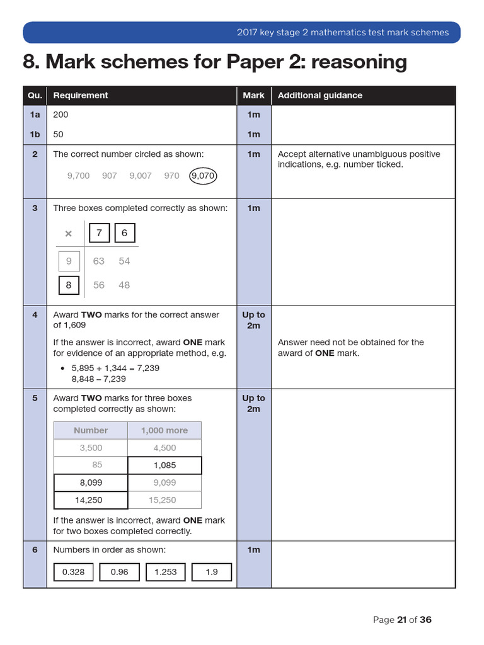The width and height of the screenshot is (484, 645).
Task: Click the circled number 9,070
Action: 203,176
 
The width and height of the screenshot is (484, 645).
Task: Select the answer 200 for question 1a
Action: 61,115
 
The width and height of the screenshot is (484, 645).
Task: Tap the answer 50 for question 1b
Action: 59,134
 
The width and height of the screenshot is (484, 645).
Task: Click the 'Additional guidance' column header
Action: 320,96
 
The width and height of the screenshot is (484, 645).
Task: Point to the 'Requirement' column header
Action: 81,96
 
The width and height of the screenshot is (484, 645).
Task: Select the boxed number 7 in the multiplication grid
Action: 99,233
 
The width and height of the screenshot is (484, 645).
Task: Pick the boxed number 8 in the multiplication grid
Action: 69,285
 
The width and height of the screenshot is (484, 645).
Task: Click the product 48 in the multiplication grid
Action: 124,285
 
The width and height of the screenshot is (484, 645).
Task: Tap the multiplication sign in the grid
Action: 69,234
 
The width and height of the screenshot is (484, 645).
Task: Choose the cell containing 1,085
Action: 164,465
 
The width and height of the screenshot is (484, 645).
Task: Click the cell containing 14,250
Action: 91,500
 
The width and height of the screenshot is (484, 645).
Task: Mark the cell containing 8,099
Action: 91,482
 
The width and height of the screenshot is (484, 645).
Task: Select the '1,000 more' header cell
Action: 164,430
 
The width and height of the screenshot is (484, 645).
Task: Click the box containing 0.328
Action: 74,572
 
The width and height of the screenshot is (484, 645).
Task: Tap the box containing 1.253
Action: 166,572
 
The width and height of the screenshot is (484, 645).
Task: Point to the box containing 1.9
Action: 212,572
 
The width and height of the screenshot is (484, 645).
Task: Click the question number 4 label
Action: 35,314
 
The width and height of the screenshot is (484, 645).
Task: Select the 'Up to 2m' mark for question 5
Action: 253,403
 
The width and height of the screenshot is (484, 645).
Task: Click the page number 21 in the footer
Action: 401,620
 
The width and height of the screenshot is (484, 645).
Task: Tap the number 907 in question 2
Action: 110,176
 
